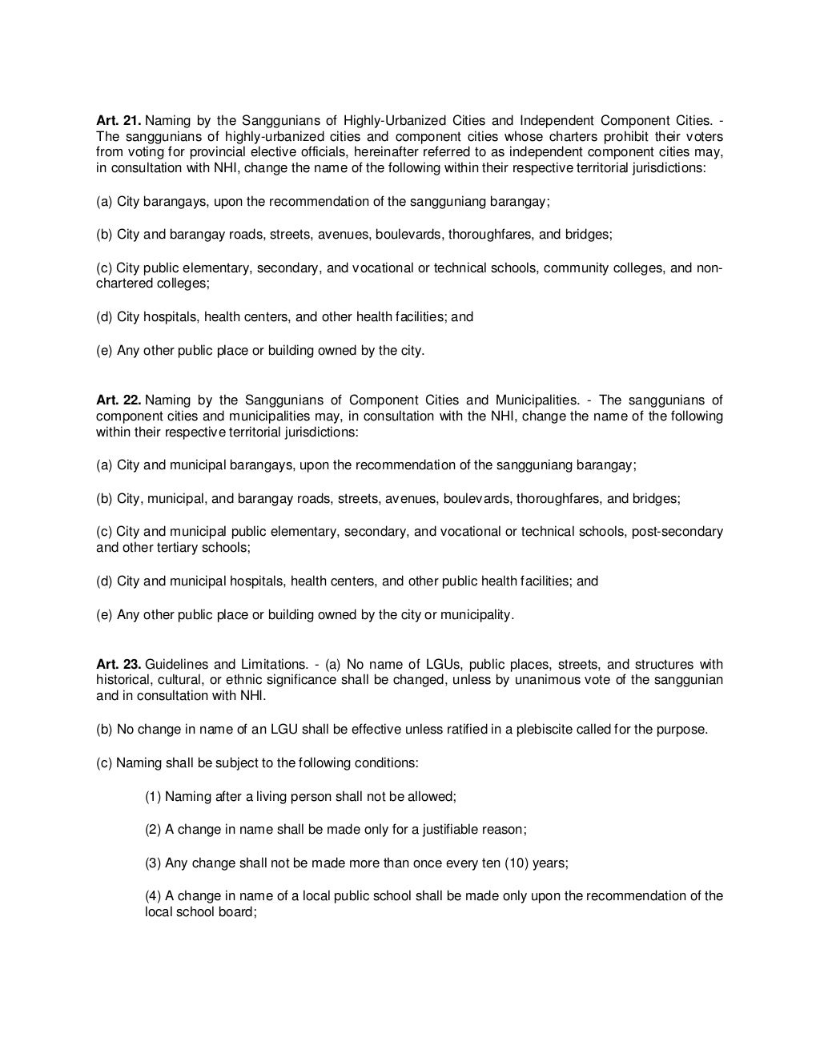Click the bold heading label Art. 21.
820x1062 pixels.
(118, 121)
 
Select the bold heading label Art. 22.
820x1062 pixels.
(118, 400)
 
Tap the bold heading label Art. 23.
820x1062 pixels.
(118, 665)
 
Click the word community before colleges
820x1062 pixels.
(576, 268)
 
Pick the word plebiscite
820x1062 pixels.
(565, 730)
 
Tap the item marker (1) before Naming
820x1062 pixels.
(153, 797)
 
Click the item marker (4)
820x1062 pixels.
(153, 896)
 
